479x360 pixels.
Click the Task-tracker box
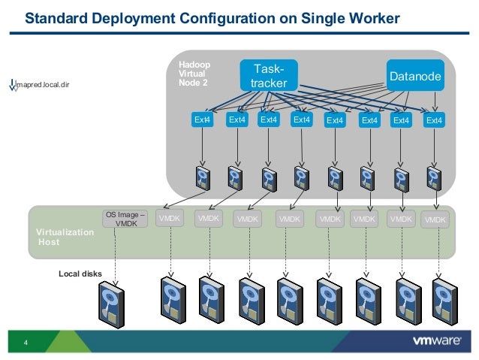pyautogui.click(x=269, y=76)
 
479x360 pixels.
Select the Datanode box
pyautogui.click(x=415, y=76)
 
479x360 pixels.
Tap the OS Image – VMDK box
pyautogui.click(x=125, y=219)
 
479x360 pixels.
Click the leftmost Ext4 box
pyautogui.click(x=202, y=119)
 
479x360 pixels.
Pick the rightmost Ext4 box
pyautogui.click(x=434, y=120)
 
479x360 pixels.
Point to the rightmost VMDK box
pyautogui.click(x=435, y=219)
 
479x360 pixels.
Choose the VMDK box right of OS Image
pyautogui.click(x=170, y=218)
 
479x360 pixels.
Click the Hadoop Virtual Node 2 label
pyautogui.click(x=194, y=74)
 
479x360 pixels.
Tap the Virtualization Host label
pyautogui.click(x=65, y=237)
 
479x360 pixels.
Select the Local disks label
pyautogui.click(x=80, y=274)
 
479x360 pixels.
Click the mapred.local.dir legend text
pyautogui.click(x=43, y=84)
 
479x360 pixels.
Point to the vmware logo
pyautogui.click(x=437, y=340)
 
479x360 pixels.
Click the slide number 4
pyautogui.click(x=26, y=343)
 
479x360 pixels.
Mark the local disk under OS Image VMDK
pyautogui.click(x=112, y=305)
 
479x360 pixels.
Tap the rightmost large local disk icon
pyautogui.click(x=444, y=302)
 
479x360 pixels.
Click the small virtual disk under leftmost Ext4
pyautogui.click(x=203, y=178)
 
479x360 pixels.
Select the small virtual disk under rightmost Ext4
pyautogui.click(x=434, y=179)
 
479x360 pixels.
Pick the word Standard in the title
pyautogui.click(x=56, y=18)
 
